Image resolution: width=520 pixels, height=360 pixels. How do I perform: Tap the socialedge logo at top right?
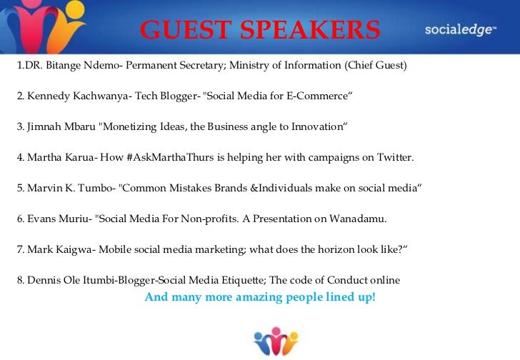click(460, 29)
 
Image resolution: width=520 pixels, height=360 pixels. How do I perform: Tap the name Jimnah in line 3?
click(43, 126)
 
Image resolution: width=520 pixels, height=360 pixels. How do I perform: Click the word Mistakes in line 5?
click(189, 188)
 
